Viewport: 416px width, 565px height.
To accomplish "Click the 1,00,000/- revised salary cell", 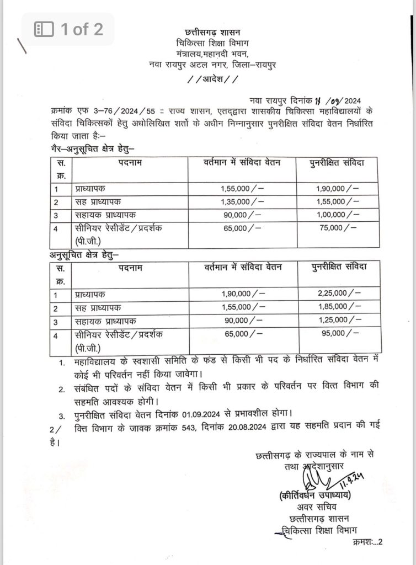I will (x=338, y=215).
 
